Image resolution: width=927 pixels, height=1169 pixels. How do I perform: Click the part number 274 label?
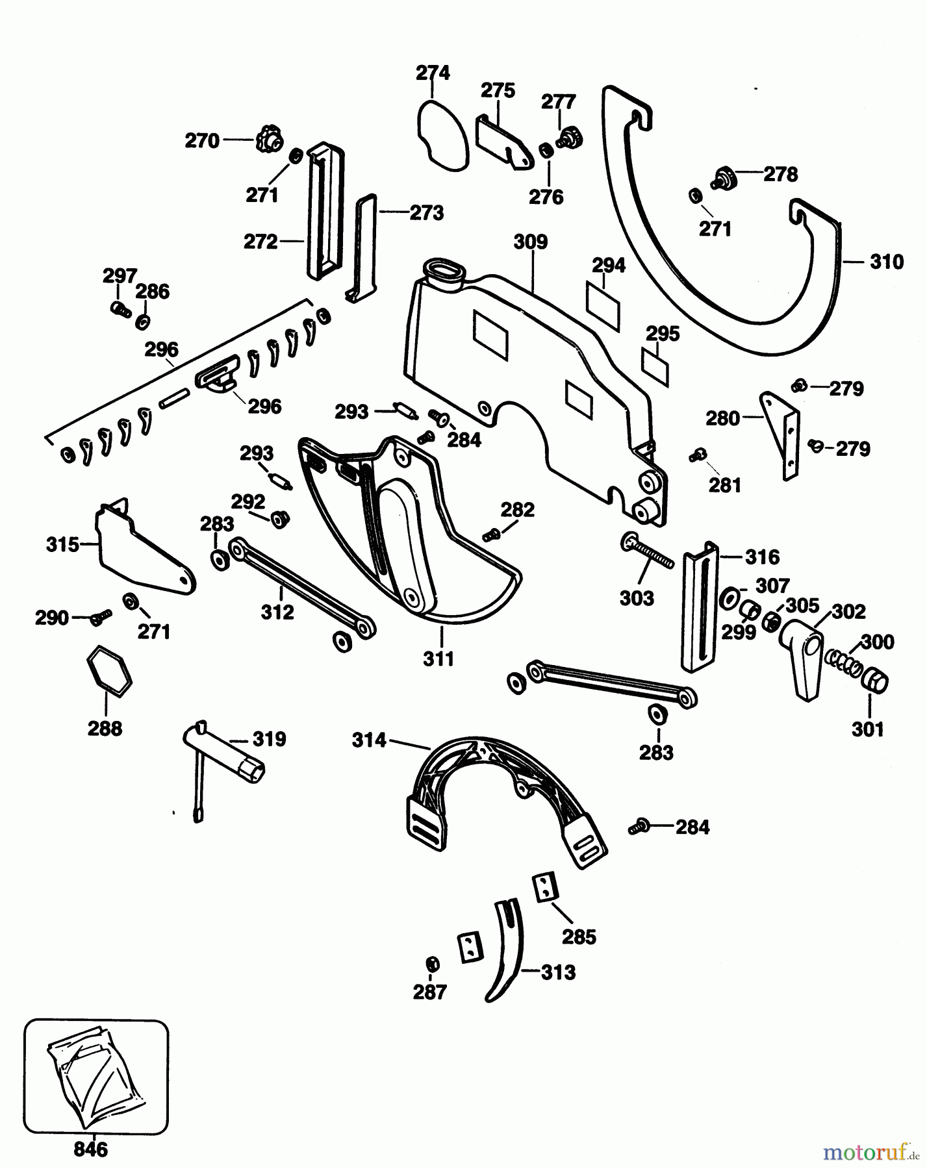[x=433, y=72]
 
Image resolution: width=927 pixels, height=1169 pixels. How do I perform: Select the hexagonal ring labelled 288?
[x=108, y=672]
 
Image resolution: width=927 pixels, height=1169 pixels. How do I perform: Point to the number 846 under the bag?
[x=90, y=1150]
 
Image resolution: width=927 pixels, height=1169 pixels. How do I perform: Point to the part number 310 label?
[x=886, y=262]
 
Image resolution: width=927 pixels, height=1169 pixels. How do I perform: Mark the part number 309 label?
[x=530, y=242]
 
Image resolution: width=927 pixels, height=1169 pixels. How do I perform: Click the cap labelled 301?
[x=873, y=684]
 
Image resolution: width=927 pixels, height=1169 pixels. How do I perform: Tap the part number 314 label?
[x=369, y=740]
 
